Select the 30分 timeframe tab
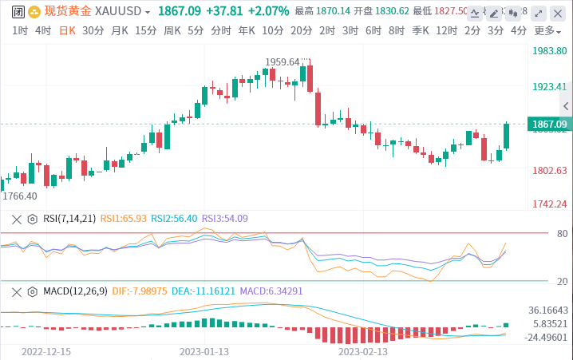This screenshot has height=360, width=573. click(x=93, y=30)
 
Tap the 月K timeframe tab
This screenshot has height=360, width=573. click(x=120, y=30)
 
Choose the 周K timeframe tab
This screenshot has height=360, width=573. click(x=172, y=30)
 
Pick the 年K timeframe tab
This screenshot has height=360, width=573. click(x=246, y=30)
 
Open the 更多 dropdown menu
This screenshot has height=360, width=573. click(x=545, y=30)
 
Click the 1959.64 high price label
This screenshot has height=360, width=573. click(x=283, y=61)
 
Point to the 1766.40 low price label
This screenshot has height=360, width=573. click(x=20, y=196)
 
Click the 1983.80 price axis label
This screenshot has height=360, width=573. click(x=549, y=50)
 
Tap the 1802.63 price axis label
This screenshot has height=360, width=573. click(x=549, y=170)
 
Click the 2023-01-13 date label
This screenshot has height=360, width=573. click(x=204, y=350)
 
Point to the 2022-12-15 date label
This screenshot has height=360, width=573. click(x=46, y=350)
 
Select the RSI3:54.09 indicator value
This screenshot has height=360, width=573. click(x=224, y=218)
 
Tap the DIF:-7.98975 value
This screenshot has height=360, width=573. click(x=140, y=291)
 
